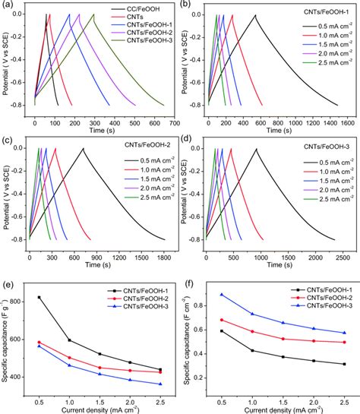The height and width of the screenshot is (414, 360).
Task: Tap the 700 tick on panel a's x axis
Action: tap(174, 121)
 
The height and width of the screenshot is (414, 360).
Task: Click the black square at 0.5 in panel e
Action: tap(39, 297)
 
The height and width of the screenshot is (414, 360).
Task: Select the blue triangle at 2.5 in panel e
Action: tap(159, 384)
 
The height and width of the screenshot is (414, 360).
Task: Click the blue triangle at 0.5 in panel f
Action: tap(221, 295)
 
